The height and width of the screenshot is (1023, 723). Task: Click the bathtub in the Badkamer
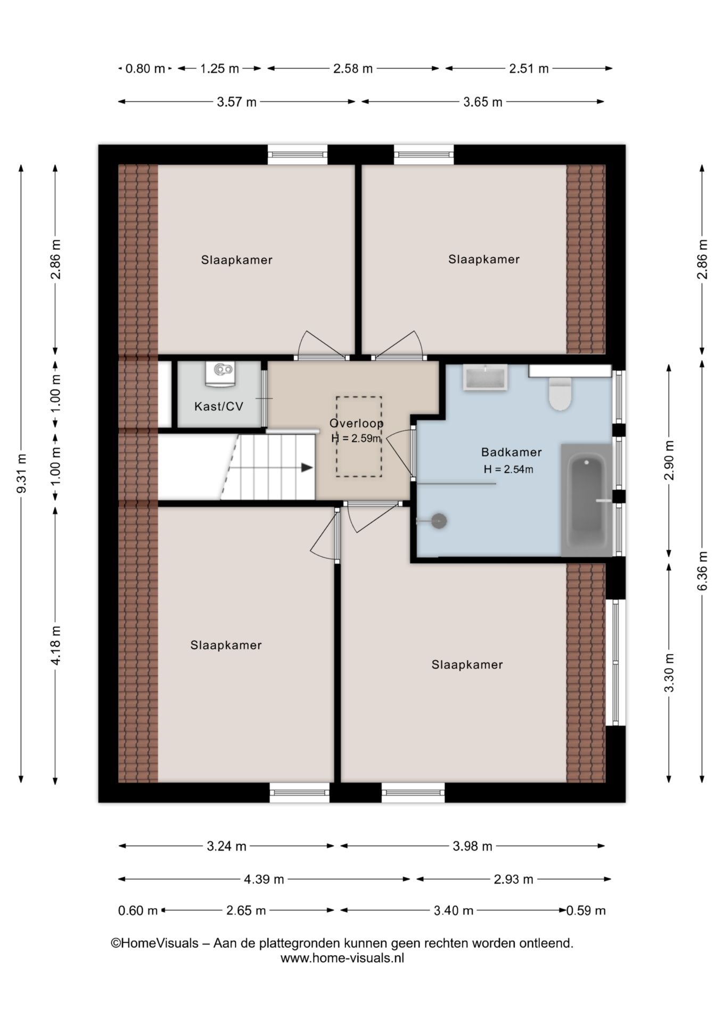(587, 500)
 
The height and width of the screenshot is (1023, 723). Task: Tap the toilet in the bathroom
(560, 394)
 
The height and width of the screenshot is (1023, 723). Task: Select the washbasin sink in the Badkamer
(485, 378)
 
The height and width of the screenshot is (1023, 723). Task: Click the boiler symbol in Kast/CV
(220, 374)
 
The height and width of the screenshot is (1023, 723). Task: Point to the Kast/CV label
(219, 407)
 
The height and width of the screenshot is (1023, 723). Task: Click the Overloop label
(356, 424)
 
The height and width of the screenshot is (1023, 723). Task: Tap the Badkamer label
(511, 452)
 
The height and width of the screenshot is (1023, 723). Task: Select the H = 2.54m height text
(508, 469)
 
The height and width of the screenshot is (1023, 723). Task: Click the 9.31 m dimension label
(22, 473)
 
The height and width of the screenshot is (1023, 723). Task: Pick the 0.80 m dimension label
(145, 69)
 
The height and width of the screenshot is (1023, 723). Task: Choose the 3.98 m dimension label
(472, 846)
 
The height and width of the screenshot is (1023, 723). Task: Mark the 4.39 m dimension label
(264, 879)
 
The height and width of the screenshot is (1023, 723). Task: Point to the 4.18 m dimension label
(55, 645)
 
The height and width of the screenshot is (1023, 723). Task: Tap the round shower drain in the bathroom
(439, 521)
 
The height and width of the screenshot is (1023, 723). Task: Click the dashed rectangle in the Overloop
(358, 436)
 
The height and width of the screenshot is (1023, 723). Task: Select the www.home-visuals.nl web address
(342, 958)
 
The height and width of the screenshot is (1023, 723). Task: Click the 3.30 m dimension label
(669, 672)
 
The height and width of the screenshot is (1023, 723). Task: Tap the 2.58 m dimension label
(353, 69)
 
